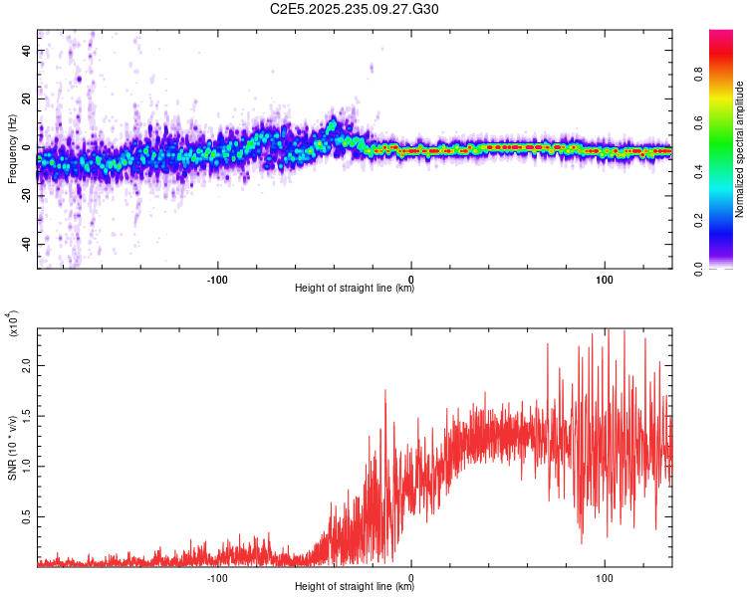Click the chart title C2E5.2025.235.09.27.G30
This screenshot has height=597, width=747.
[x=355, y=9]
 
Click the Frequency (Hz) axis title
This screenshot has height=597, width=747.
[x=11, y=149]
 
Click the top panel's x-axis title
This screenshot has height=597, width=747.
[x=355, y=289]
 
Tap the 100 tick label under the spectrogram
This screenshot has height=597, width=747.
[x=605, y=278]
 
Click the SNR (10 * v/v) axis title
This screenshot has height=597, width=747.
[x=12, y=449]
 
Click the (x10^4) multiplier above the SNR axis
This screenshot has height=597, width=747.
[x=13, y=323]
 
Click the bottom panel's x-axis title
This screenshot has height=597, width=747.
[x=355, y=587]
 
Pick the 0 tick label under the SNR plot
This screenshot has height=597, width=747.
[x=411, y=576]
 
